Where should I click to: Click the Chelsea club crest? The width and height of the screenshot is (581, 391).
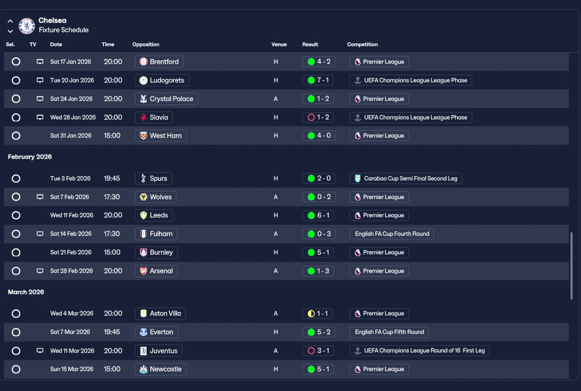(x=27, y=26)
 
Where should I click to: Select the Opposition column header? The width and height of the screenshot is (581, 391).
(x=146, y=44)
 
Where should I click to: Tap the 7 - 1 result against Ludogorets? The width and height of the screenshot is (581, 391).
(x=319, y=80)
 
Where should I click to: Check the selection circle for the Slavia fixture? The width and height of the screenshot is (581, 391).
(x=16, y=117)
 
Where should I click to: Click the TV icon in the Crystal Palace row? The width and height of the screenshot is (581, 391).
(x=40, y=99)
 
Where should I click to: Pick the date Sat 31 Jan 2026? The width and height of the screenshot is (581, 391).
(x=71, y=136)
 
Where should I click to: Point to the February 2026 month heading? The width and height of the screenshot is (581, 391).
(x=30, y=157)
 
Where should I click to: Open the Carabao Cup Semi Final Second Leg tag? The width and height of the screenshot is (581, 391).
(x=406, y=178)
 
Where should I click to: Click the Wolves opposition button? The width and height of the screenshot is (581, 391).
(x=156, y=197)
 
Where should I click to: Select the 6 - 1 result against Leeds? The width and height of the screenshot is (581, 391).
(x=319, y=215)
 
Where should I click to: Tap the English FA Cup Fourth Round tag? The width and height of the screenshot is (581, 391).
(x=392, y=234)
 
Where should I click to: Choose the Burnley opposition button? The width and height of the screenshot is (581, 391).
(x=156, y=253)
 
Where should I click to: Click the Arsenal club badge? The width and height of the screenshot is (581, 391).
(x=143, y=271)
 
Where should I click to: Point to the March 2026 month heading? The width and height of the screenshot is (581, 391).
(x=26, y=292)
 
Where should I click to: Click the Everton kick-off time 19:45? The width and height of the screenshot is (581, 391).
(x=112, y=332)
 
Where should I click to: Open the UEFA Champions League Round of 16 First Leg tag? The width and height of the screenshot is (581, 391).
(x=419, y=351)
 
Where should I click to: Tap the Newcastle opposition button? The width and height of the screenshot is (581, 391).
(x=161, y=369)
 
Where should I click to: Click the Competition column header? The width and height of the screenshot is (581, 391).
(x=362, y=44)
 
